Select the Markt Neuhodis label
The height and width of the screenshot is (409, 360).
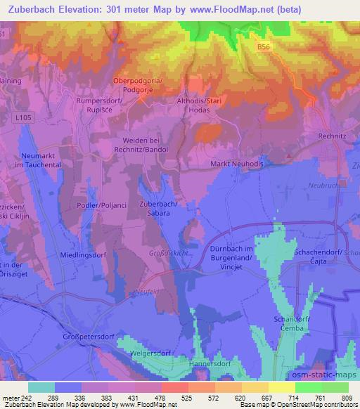[x=239, y=164]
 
